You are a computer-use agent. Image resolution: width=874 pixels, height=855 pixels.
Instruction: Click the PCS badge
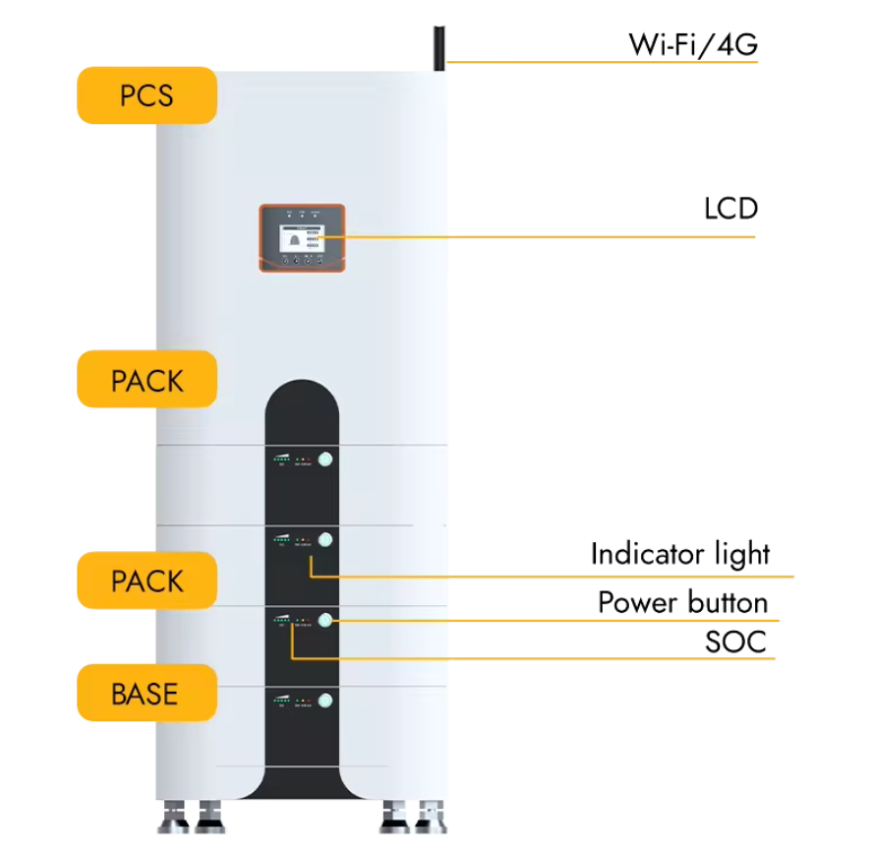(146, 95)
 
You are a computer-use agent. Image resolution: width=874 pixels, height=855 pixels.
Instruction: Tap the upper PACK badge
(146, 380)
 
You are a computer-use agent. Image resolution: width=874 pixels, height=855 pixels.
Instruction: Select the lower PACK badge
(146, 580)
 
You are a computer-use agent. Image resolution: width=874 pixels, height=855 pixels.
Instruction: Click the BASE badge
(146, 694)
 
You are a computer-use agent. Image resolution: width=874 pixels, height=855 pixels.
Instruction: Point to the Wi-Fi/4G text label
(692, 44)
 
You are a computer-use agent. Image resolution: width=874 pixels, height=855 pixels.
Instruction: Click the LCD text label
(730, 210)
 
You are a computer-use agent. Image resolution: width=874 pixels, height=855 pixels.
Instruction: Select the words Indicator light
(679, 554)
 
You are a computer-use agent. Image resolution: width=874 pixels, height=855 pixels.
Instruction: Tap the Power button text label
(682, 602)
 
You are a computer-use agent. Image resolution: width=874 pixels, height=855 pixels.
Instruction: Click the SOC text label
(734, 642)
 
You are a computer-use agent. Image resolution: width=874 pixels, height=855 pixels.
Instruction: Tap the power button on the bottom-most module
(325, 700)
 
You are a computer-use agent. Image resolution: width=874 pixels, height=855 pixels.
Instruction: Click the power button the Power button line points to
(325, 620)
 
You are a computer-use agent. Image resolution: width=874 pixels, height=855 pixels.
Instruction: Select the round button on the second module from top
(325, 540)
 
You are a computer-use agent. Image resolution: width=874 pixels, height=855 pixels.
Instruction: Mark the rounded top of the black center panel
(302, 389)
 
